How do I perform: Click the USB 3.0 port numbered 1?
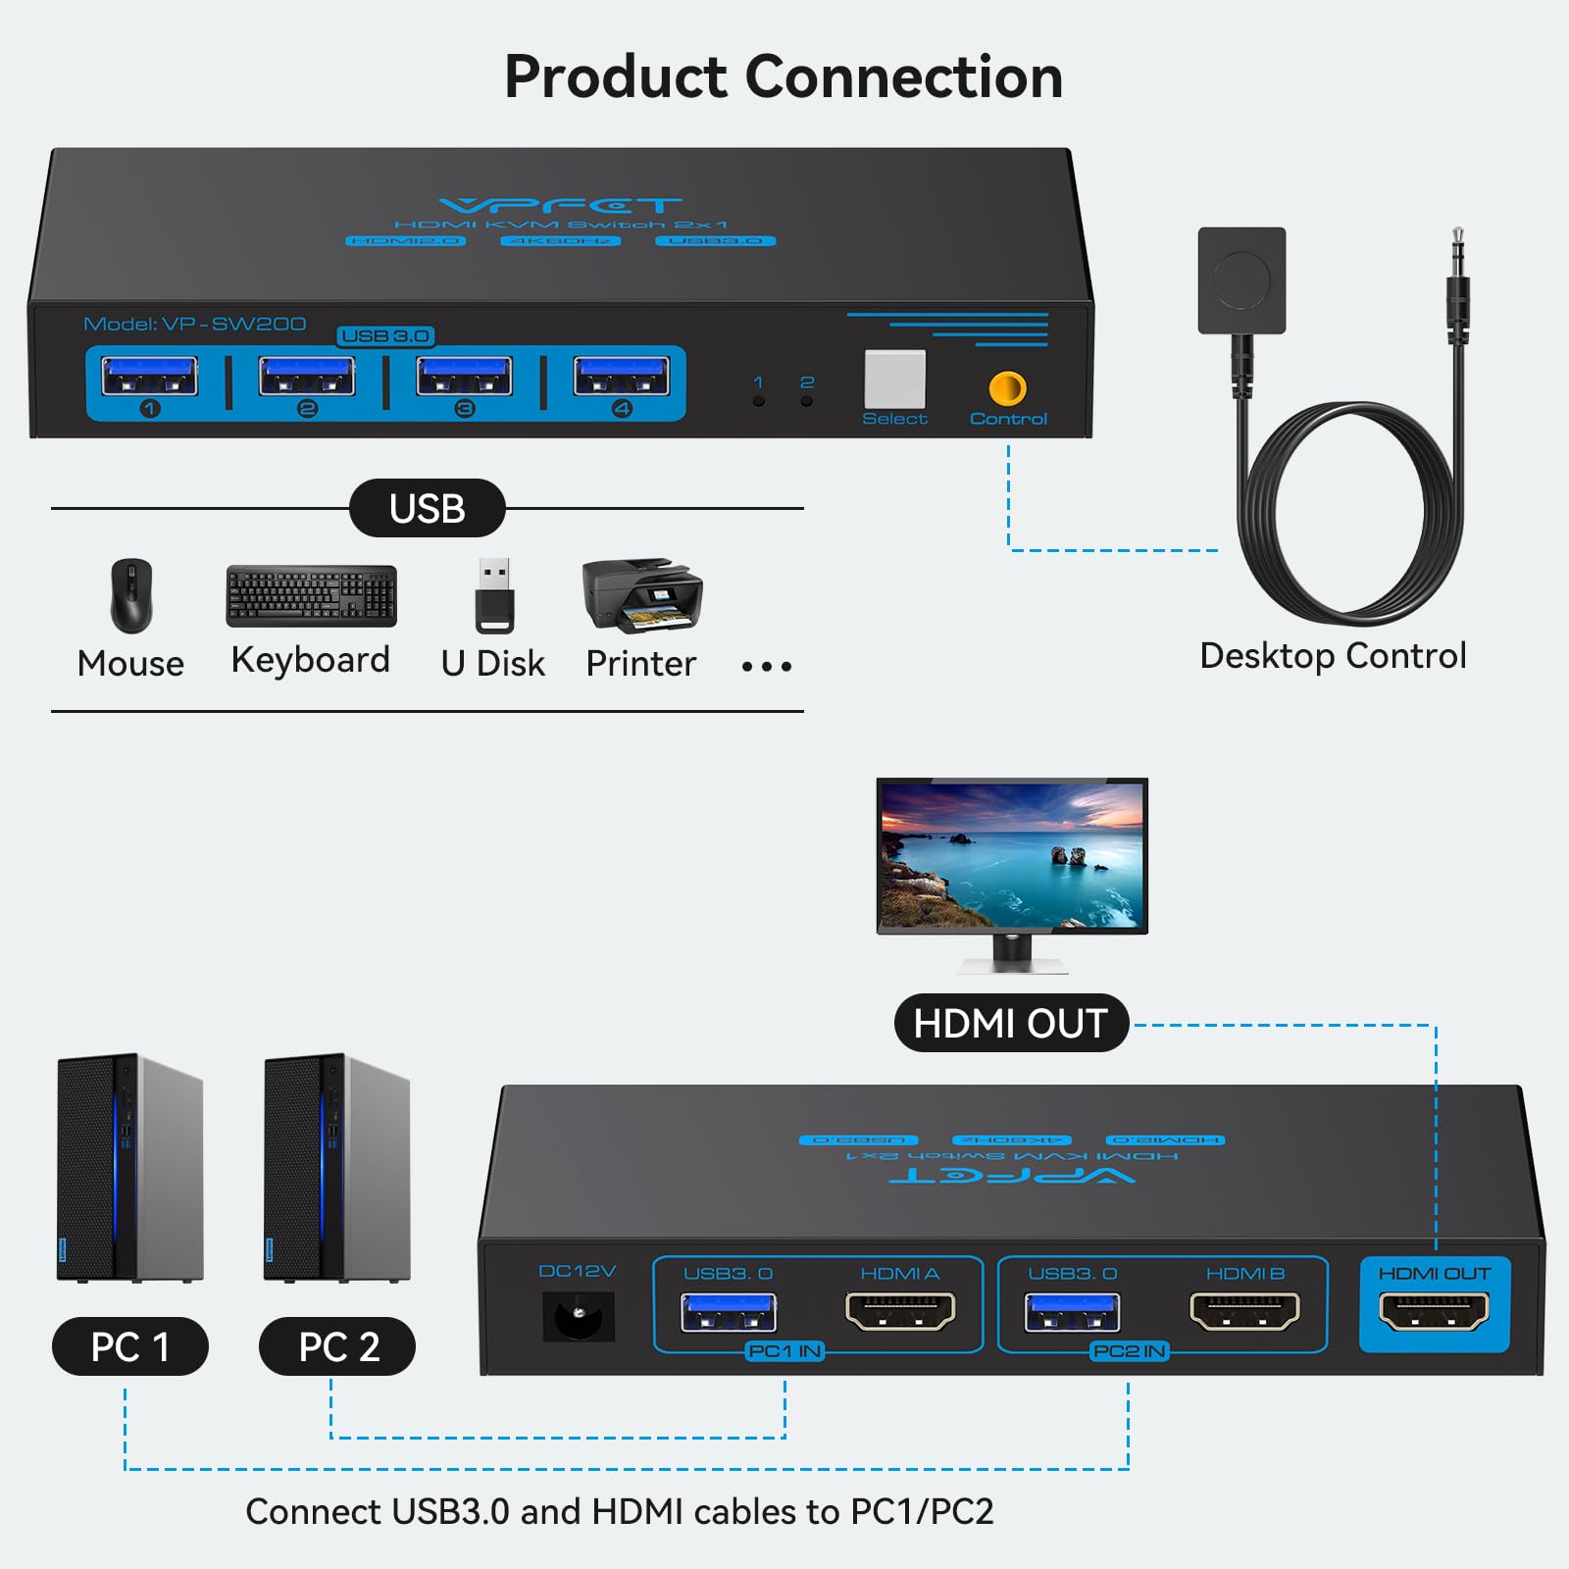(150, 377)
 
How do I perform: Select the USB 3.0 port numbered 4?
(622, 377)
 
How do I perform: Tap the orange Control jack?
(1007, 389)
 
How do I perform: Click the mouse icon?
(131, 595)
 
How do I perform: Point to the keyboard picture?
(312, 595)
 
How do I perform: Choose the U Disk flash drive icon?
(494, 595)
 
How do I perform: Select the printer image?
(642, 595)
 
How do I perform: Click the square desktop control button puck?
(1241, 280)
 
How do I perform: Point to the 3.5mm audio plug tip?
(1458, 240)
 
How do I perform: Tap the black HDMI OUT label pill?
(1011, 1024)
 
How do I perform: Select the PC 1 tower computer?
(130, 1167)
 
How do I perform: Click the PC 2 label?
(337, 1346)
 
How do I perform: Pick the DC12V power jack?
(579, 1316)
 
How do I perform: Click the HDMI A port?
(900, 1311)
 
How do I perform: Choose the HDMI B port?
(1244, 1311)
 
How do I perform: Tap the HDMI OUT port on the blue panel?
(1434, 1311)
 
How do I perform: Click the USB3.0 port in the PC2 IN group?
(1072, 1312)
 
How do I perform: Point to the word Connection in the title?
(903, 77)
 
